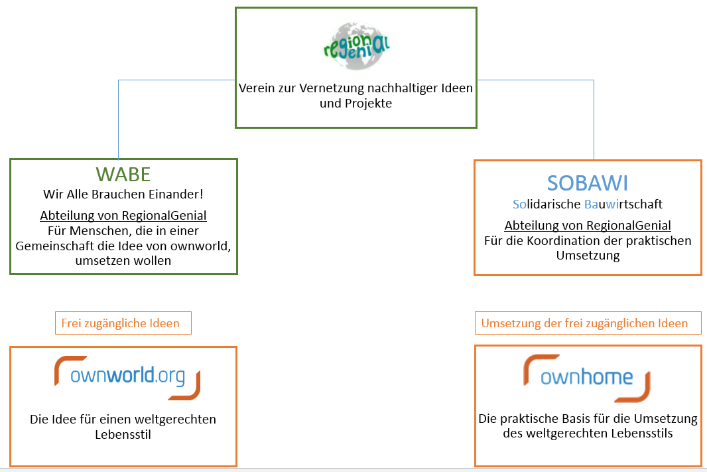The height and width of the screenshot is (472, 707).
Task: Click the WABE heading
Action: click(x=123, y=174)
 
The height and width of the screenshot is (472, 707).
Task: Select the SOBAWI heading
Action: click(x=588, y=183)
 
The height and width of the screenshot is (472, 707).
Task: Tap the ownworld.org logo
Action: click(x=127, y=377)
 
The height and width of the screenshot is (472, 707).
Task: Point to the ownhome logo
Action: click(x=587, y=378)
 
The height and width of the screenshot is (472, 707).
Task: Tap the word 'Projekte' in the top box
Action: click(x=369, y=103)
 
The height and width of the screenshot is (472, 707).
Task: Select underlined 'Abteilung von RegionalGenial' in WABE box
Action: click(x=123, y=215)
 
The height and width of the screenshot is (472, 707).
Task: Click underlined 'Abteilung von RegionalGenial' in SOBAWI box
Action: click(x=588, y=225)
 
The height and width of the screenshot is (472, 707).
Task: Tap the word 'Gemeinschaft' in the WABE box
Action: click(x=49, y=246)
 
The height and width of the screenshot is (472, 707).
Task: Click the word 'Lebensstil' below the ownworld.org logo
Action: click(x=123, y=434)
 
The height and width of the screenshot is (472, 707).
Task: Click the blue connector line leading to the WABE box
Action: click(x=119, y=119)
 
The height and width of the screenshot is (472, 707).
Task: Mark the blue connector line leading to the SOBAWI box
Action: click(x=594, y=119)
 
